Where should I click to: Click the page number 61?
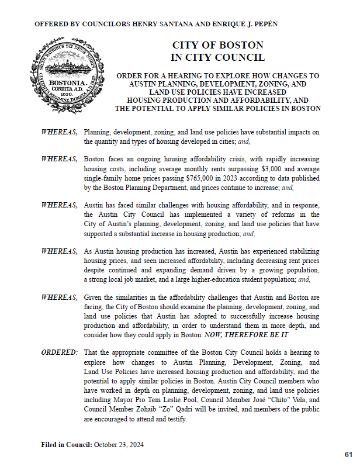pyautogui.click(x=348, y=454)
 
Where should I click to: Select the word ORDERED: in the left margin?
pyautogui.click(x=59, y=352)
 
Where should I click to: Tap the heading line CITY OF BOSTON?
pyautogui.click(x=217, y=46)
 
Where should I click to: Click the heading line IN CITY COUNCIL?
pyautogui.click(x=217, y=57)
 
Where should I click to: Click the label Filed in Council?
pyautogui.click(x=66, y=444)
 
